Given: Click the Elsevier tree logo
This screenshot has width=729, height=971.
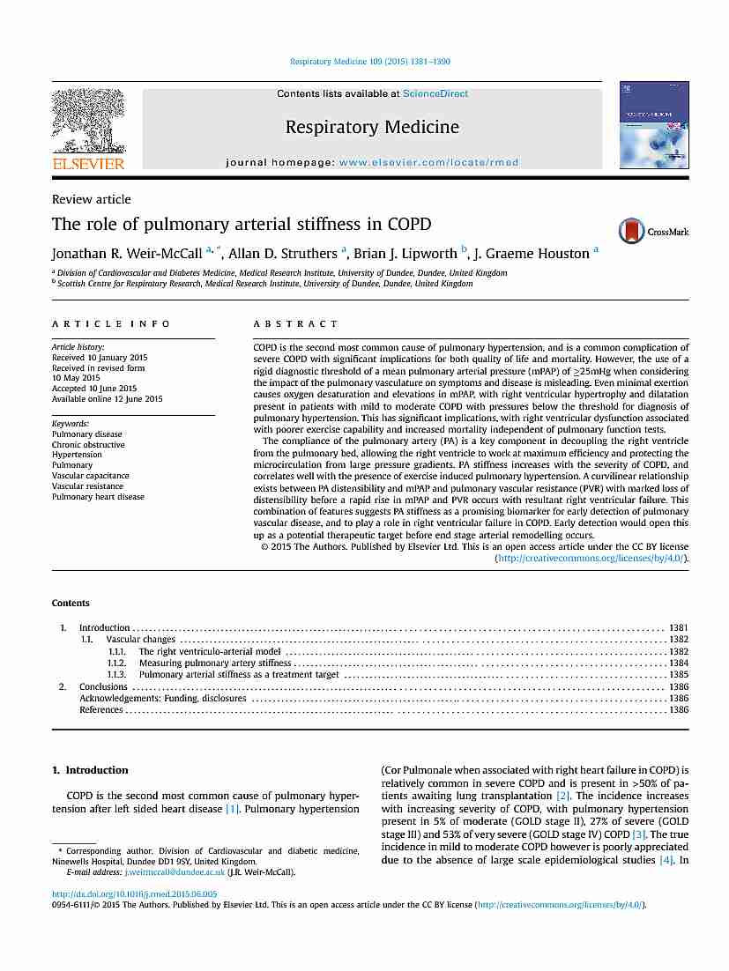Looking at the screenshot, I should pos(88,123).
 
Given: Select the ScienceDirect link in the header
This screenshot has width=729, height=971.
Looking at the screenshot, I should pos(435,93).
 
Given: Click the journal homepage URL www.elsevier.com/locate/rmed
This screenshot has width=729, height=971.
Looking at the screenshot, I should pos(428,163).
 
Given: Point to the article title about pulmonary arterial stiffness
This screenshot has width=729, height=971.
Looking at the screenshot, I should pos(242,224).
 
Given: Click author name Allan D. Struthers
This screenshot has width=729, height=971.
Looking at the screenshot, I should pos(287,254).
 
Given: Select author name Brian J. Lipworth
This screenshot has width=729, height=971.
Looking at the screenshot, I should pos(405,254).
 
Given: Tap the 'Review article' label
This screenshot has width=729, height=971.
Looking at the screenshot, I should pos(91,199).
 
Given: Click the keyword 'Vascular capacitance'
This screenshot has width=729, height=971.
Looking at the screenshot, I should pos(90,476).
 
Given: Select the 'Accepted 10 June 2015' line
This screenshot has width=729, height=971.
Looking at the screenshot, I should pos(94,389).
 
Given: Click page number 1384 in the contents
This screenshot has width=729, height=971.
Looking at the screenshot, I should pos(679,663).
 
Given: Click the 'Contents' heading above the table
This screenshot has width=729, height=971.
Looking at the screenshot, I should pos(71,604).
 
